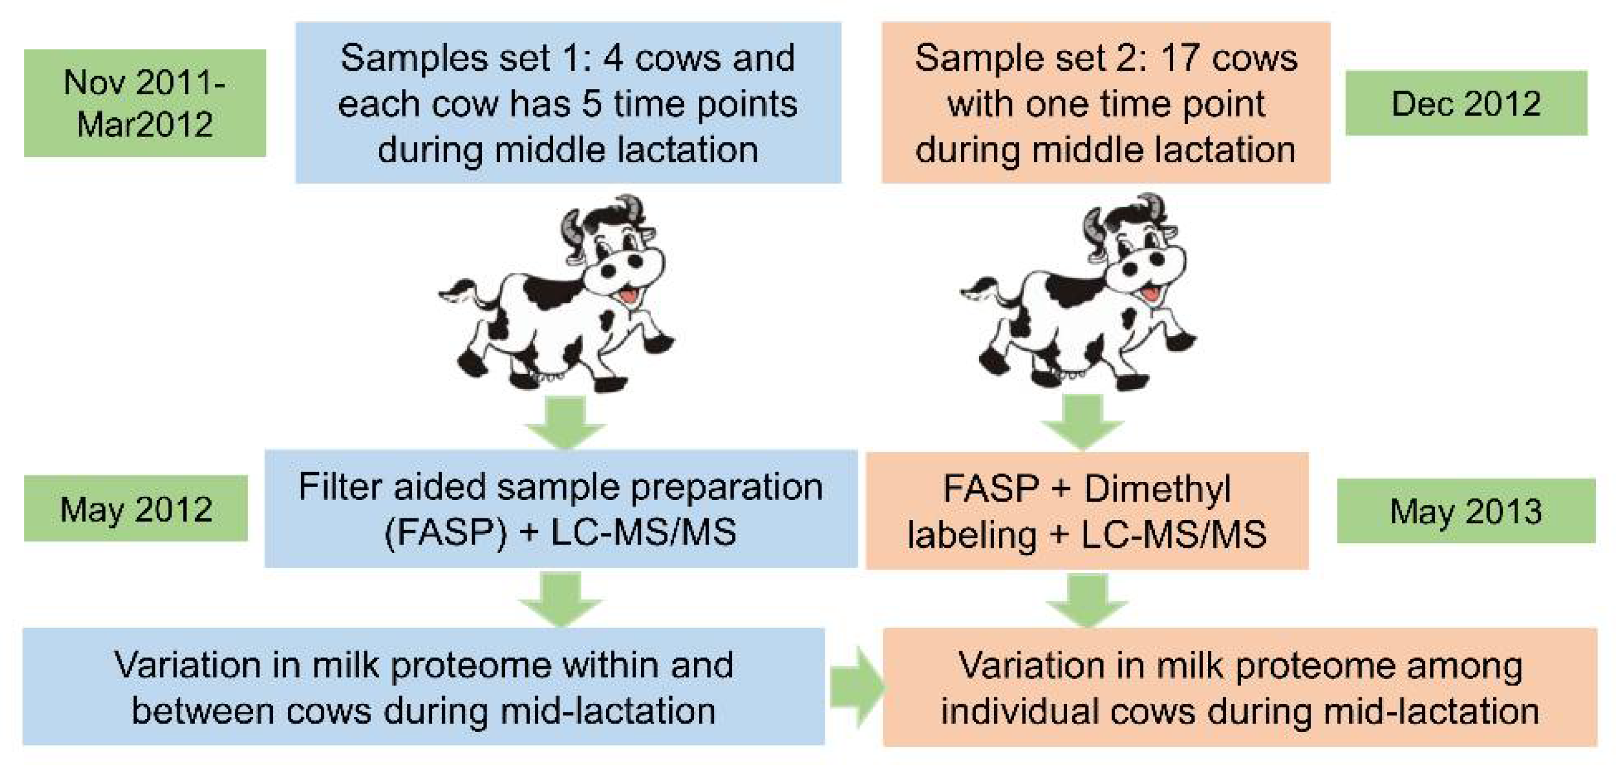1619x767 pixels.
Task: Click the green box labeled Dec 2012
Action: tap(1466, 103)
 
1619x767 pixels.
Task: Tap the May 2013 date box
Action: tap(1466, 510)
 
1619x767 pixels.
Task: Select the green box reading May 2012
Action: tap(136, 509)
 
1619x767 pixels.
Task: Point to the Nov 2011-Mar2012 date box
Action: tap(145, 103)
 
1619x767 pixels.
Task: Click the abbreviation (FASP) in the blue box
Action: tap(444, 532)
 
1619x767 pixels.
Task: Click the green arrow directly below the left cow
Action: tap(564, 423)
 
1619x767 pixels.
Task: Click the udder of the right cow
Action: tap(1069, 375)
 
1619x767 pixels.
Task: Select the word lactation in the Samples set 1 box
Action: tap(687, 150)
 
